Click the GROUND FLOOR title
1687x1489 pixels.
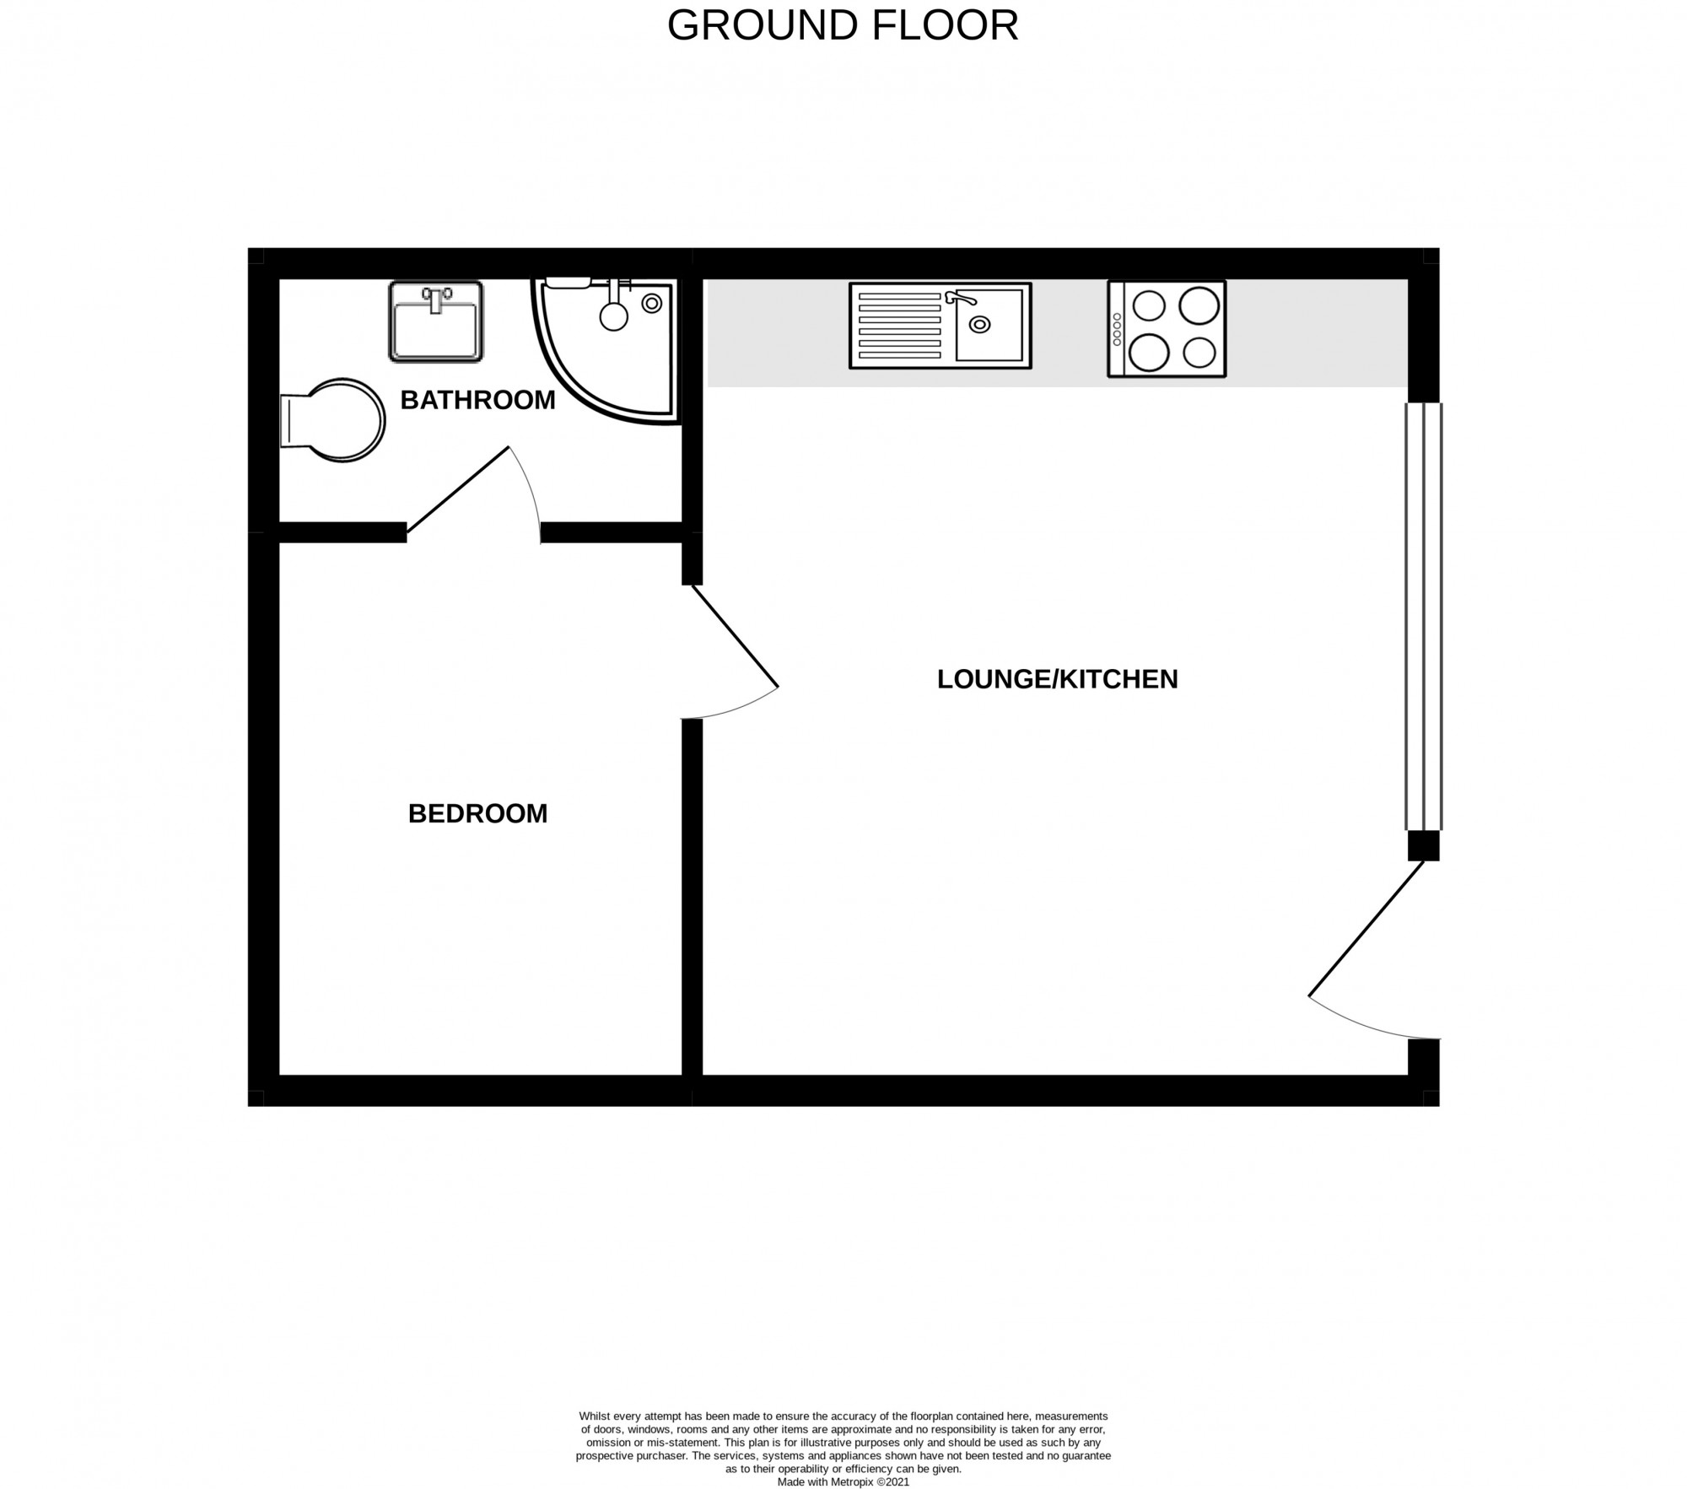(843, 25)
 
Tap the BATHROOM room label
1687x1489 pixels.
(477, 400)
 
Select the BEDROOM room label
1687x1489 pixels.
(477, 813)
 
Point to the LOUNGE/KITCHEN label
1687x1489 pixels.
(1057, 679)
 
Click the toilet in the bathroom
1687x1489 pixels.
(332, 420)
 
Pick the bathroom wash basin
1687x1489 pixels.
(436, 321)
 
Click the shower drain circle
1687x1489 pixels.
(651, 304)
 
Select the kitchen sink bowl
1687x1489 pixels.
(988, 326)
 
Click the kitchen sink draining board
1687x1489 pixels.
(899, 326)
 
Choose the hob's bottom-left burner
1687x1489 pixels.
(1148, 353)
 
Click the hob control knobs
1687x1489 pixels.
(1117, 329)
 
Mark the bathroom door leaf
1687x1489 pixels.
(458, 489)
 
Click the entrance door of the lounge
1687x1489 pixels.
(1366, 928)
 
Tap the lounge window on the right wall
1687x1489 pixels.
(1424, 617)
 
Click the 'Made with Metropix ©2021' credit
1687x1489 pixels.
(843, 1481)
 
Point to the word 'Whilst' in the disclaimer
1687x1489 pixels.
(593, 1416)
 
